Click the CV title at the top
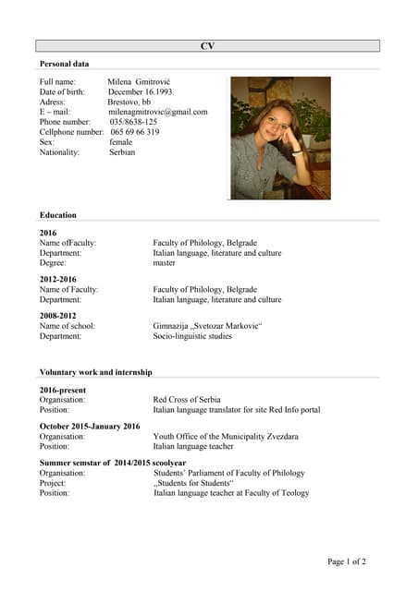208,45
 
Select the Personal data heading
64,64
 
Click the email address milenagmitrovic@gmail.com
158,112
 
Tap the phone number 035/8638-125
133,122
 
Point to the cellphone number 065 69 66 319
134,132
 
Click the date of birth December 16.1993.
141,92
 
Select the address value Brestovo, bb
129,102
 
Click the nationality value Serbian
122,152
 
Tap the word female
121,142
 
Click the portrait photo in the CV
280,138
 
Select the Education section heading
58,215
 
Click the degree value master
164,262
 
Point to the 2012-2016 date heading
58,279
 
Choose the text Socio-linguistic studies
195,336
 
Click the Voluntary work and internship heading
96,371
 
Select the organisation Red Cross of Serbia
187,400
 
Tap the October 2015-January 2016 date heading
90,426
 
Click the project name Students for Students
193,482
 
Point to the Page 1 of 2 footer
347,561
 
